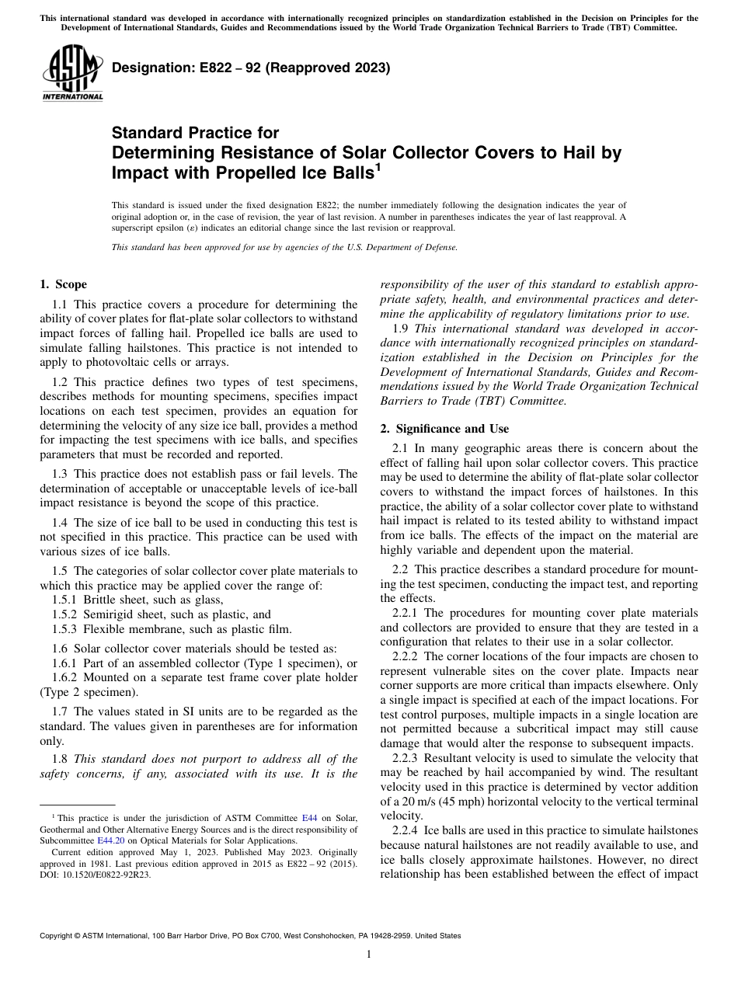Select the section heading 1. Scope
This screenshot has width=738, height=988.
[x=63, y=284]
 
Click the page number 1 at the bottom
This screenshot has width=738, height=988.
[x=368, y=955]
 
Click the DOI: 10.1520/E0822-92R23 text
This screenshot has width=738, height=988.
[x=96, y=874]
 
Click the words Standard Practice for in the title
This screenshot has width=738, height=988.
[x=195, y=133]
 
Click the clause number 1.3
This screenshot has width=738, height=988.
[x=61, y=473]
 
